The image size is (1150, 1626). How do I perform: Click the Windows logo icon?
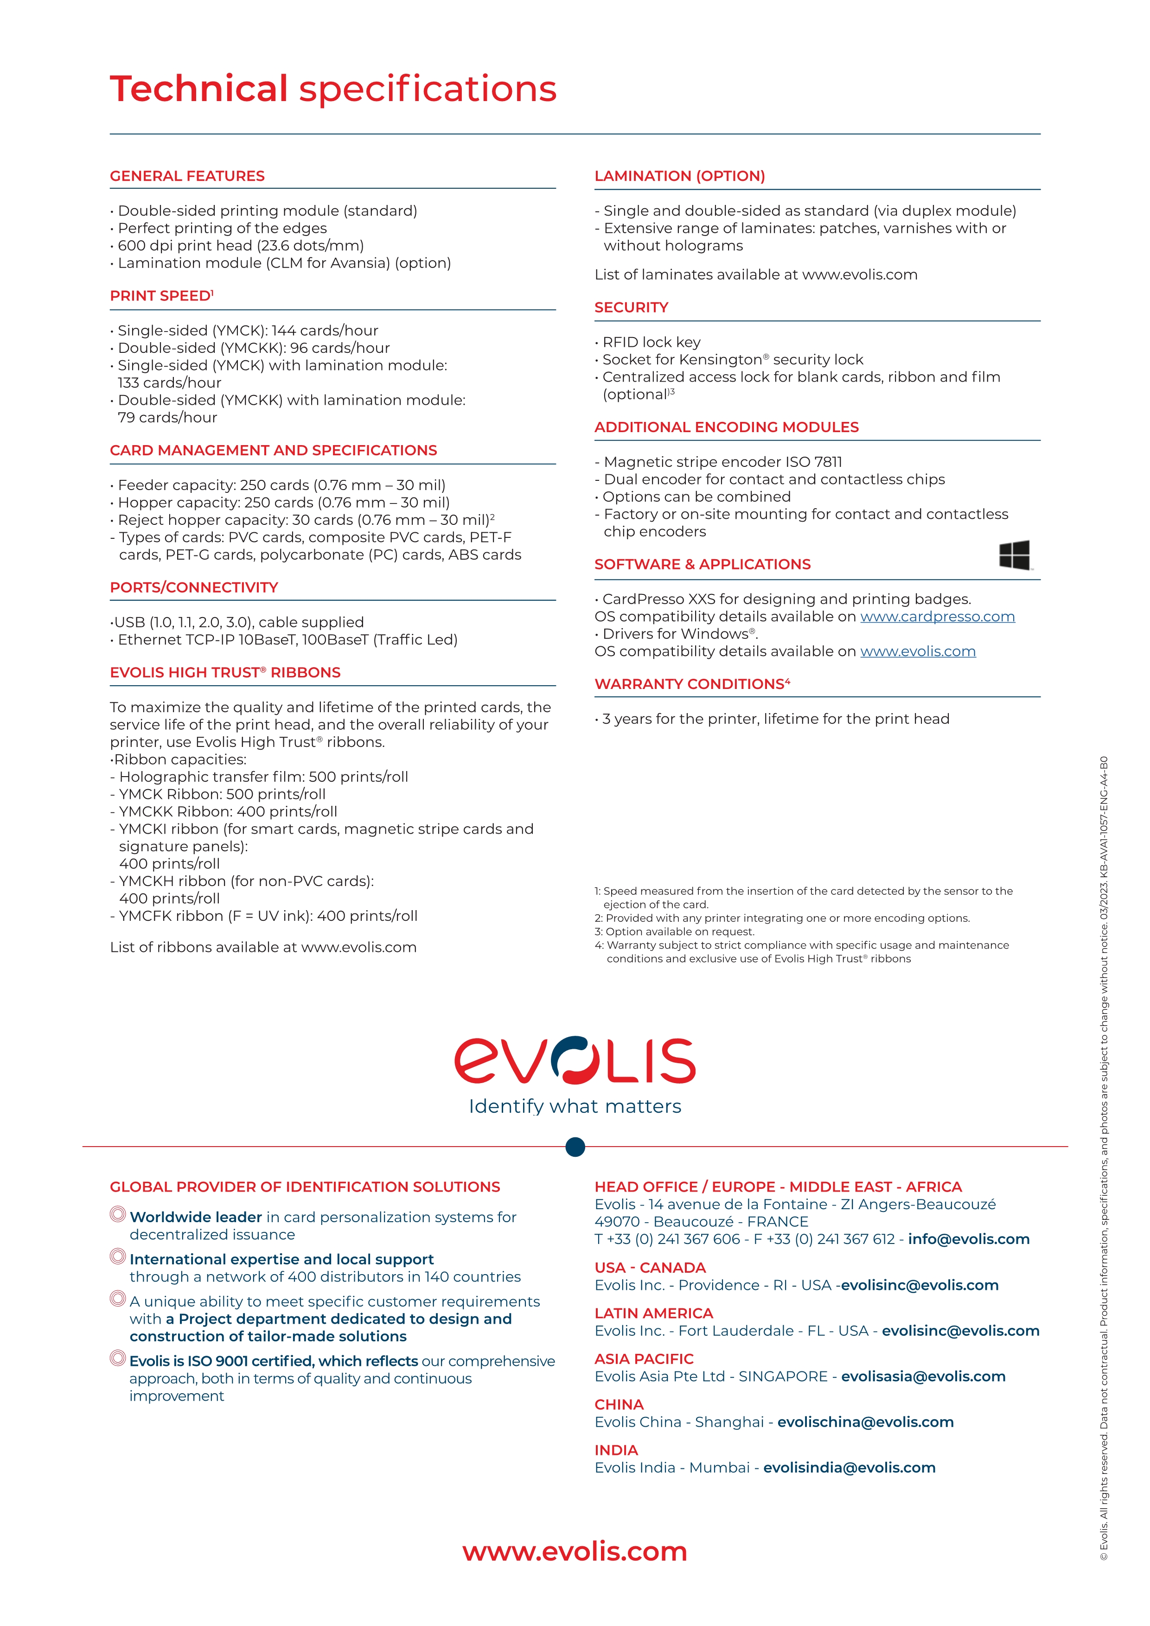click(x=1014, y=555)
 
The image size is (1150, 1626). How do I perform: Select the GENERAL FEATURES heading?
click(x=187, y=176)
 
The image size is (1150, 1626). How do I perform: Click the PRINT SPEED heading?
click(x=161, y=296)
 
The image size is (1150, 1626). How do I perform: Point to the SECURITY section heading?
click(x=631, y=307)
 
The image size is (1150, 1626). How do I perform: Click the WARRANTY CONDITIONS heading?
click(x=692, y=684)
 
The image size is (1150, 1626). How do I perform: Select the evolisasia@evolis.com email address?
click(x=923, y=1377)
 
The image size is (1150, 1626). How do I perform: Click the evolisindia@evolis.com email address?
click(x=849, y=1468)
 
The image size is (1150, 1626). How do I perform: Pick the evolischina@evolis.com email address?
click(x=865, y=1422)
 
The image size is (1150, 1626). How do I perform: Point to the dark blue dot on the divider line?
click(x=575, y=1147)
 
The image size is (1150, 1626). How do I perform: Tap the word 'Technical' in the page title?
click(x=199, y=89)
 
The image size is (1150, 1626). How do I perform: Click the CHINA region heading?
click(x=619, y=1405)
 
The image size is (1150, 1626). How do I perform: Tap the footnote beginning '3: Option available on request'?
click(x=674, y=932)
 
